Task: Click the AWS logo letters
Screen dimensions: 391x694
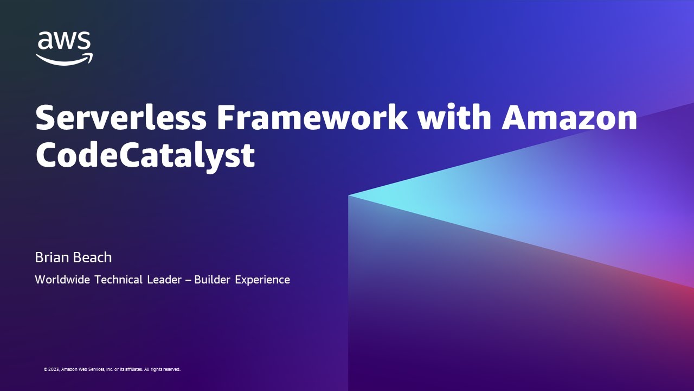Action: pos(63,41)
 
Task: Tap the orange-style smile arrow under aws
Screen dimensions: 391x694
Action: pos(64,59)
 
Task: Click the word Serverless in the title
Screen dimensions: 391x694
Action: pos(120,118)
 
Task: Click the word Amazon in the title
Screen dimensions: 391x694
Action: pos(569,118)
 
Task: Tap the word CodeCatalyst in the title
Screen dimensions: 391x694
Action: pos(145,156)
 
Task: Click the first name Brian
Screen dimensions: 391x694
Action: pos(50,257)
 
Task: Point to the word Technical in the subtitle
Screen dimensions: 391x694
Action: pos(118,280)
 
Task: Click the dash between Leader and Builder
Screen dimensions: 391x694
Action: pos(189,280)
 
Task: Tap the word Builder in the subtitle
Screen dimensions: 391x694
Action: pos(212,280)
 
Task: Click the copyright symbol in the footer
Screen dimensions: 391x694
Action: pos(46,369)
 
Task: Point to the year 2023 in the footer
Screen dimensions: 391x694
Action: pos(54,369)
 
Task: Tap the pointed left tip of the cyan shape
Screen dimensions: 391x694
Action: pos(350,195)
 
